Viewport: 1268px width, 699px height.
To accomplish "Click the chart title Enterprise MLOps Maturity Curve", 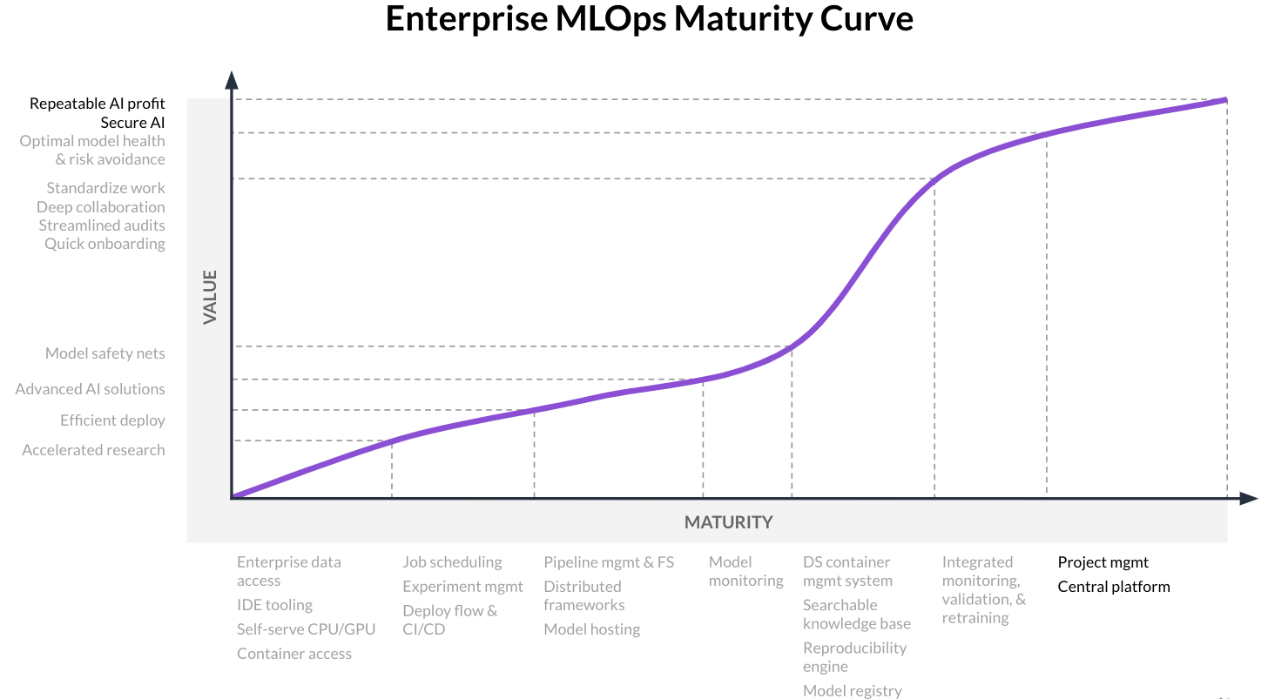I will pyautogui.click(x=649, y=19).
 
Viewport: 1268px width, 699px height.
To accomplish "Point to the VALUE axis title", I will pyautogui.click(x=210, y=297).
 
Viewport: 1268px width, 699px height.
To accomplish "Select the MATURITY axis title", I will pyautogui.click(x=728, y=522).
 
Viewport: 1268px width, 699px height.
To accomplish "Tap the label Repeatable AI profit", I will pyautogui.click(x=97, y=104).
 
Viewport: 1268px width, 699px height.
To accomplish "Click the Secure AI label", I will pyautogui.click(x=132, y=123).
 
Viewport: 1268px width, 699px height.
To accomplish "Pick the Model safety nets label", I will pyautogui.click(x=105, y=353).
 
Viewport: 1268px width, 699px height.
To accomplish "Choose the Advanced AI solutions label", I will pyautogui.click(x=90, y=389).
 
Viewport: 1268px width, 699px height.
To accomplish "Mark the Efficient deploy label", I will pyautogui.click(x=112, y=420).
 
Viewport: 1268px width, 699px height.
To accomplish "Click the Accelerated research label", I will pyautogui.click(x=93, y=450).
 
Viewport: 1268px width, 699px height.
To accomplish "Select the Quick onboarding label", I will pyautogui.click(x=105, y=244).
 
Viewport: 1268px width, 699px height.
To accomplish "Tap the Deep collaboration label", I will pyautogui.click(x=100, y=207).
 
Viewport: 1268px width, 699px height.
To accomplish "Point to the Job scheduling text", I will pyautogui.click(x=452, y=562).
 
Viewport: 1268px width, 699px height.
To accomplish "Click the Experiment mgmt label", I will pyautogui.click(x=462, y=587).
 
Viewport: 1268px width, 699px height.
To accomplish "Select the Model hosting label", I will pyautogui.click(x=591, y=629).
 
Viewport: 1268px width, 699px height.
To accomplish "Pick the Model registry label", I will pyautogui.click(x=852, y=690).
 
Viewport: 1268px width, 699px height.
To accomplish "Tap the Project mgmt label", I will pyautogui.click(x=1103, y=562).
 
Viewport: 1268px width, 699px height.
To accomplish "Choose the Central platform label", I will pyautogui.click(x=1113, y=587).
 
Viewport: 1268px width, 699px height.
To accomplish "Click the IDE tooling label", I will pyautogui.click(x=274, y=605).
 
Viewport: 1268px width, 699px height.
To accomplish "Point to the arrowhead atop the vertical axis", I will pyautogui.click(x=232, y=80).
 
